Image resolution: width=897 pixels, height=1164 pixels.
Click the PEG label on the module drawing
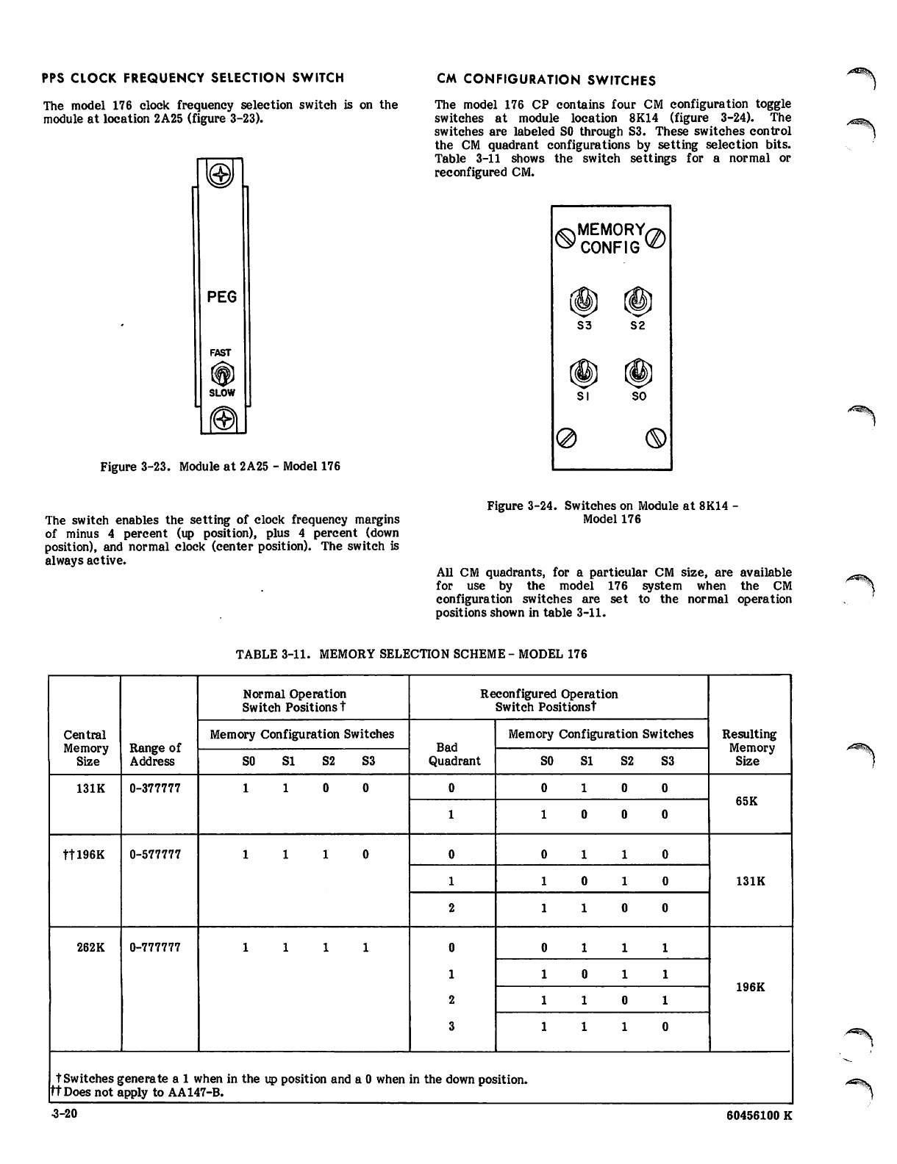click(x=222, y=297)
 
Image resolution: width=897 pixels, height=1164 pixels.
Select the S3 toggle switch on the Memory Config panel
click(x=584, y=301)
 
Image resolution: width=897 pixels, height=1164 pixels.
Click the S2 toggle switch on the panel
click(x=637, y=301)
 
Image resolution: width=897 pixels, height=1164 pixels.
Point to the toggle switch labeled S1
click(x=583, y=373)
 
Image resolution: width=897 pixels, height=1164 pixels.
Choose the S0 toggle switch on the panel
click(x=638, y=373)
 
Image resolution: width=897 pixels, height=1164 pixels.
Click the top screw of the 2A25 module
click(x=221, y=175)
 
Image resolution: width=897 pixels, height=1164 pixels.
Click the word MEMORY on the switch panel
click(x=611, y=230)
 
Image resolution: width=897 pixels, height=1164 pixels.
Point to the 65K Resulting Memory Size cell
click(x=746, y=801)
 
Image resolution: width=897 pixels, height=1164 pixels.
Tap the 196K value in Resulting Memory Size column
click(x=750, y=987)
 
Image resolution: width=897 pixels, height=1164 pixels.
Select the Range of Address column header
click(x=154, y=755)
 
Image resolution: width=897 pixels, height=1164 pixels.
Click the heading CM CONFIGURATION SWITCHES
click(x=546, y=79)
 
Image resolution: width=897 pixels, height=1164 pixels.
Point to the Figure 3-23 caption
click(x=220, y=467)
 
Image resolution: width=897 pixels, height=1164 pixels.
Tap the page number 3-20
click(x=64, y=1115)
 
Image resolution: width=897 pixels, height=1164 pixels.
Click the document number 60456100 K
click(x=757, y=1116)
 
